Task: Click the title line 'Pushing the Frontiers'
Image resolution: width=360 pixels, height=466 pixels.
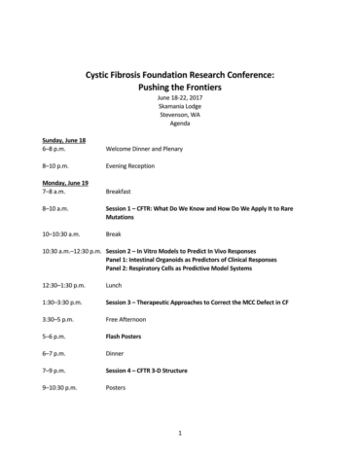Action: click(x=180, y=86)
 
